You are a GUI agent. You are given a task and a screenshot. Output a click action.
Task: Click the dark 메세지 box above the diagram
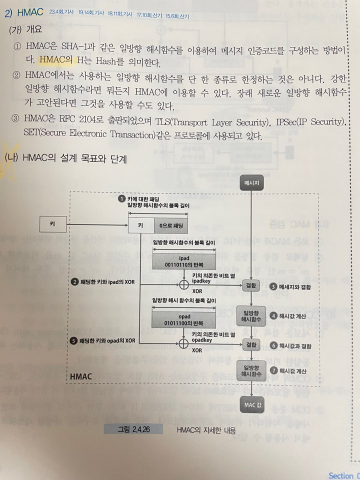250,183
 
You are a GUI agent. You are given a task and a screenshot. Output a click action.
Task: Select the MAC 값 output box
250,404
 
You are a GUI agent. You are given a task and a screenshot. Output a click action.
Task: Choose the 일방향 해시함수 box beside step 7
250,370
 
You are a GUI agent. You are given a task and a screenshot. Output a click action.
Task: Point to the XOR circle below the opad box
182,344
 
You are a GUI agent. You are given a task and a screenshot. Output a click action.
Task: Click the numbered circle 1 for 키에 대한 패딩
121,198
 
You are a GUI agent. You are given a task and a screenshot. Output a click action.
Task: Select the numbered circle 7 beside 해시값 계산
273,370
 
